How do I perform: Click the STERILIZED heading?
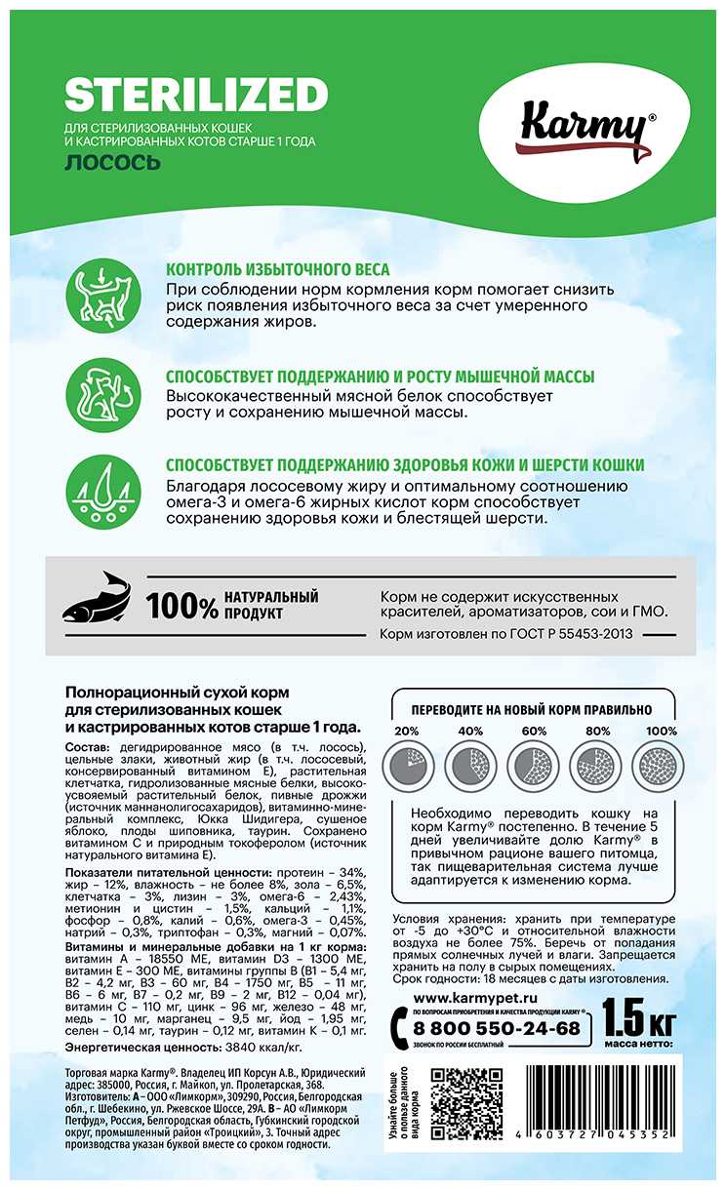[195, 96]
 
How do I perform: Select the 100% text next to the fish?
[182, 607]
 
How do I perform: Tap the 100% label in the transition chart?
[661, 733]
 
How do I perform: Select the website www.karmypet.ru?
[476, 999]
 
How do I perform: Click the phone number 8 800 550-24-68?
[499, 1027]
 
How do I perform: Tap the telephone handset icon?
[401, 1025]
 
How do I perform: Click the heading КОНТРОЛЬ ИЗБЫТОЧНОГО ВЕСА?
[278, 269]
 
